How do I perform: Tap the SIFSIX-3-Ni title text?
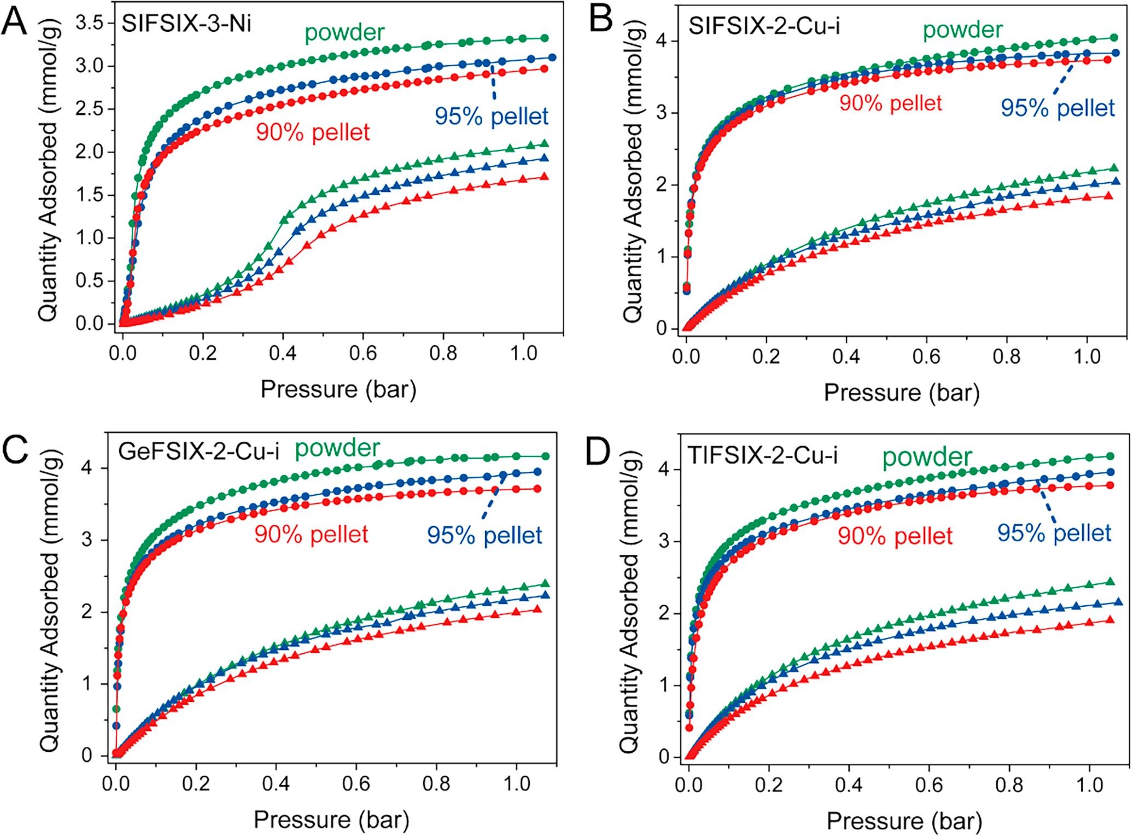coord(186,24)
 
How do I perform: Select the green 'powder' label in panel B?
coord(963,30)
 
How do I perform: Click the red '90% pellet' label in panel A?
coord(313,132)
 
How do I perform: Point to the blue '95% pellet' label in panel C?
coord(485,535)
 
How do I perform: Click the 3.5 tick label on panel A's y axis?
coord(92,24)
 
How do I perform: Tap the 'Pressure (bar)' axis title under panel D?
coord(904,821)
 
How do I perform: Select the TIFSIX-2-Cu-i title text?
coord(762,455)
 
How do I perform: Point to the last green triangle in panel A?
coord(544,143)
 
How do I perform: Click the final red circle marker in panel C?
coord(537,489)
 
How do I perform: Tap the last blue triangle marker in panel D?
coord(1119,602)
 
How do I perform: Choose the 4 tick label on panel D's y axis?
coord(664,469)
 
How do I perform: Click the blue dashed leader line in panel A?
coord(493,82)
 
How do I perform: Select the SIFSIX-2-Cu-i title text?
coord(763,25)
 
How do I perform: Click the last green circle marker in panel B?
coord(1113,38)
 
